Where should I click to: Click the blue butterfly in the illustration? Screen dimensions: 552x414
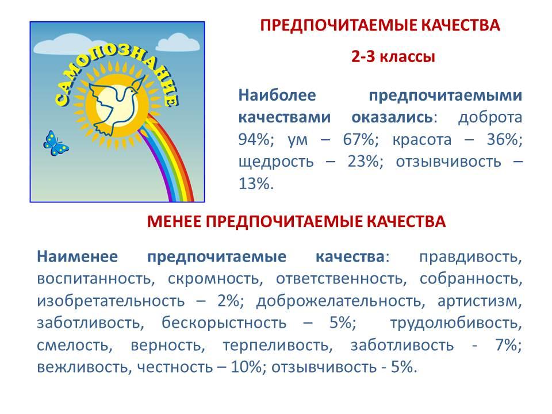coord(56,143)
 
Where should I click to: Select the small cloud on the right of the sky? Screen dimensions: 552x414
coord(178,43)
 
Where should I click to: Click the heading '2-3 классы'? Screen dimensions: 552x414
coord(393,56)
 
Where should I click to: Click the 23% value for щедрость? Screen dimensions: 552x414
coord(366,162)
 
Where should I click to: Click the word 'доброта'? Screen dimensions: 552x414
coord(490,117)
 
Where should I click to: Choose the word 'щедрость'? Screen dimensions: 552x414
coord(276,162)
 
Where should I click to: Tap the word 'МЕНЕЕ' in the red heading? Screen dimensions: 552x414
coord(174,221)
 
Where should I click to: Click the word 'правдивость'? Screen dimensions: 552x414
coord(470,258)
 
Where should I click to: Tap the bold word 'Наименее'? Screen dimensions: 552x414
coord(78,256)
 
